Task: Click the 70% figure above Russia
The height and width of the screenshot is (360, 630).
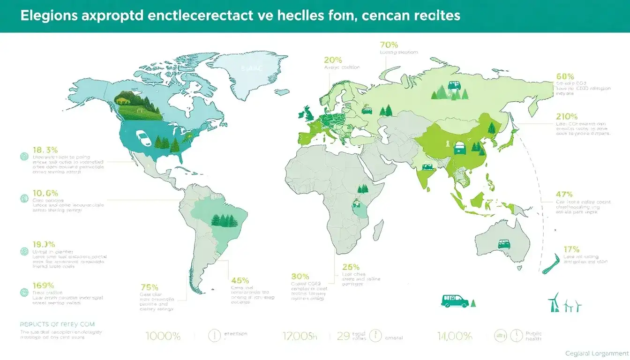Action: click(389, 45)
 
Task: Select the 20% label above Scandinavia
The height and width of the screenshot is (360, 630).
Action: click(333, 60)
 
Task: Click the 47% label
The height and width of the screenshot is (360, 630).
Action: click(563, 194)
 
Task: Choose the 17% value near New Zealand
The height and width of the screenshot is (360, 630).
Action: click(571, 249)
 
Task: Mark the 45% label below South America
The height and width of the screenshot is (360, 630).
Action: click(240, 280)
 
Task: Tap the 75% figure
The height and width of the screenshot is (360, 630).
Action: click(150, 287)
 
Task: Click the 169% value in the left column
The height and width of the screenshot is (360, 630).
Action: click(44, 285)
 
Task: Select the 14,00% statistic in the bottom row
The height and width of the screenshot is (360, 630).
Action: click(454, 335)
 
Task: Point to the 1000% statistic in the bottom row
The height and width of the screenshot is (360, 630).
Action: click(163, 336)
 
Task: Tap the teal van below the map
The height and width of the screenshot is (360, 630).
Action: click(456, 301)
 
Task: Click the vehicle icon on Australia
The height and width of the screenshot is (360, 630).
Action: click(504, 245)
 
